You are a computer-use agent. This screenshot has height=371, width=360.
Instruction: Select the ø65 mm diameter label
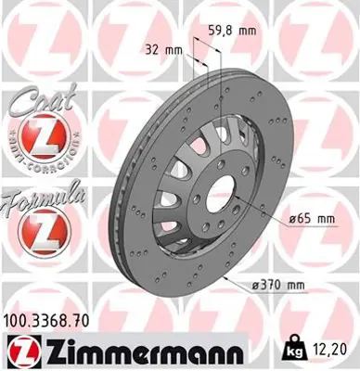tap(310, 218)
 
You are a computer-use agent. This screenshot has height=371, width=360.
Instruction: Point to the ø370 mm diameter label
tap(307, 285)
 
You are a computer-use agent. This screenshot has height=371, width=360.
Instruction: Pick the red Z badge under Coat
tap(34, 139)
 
